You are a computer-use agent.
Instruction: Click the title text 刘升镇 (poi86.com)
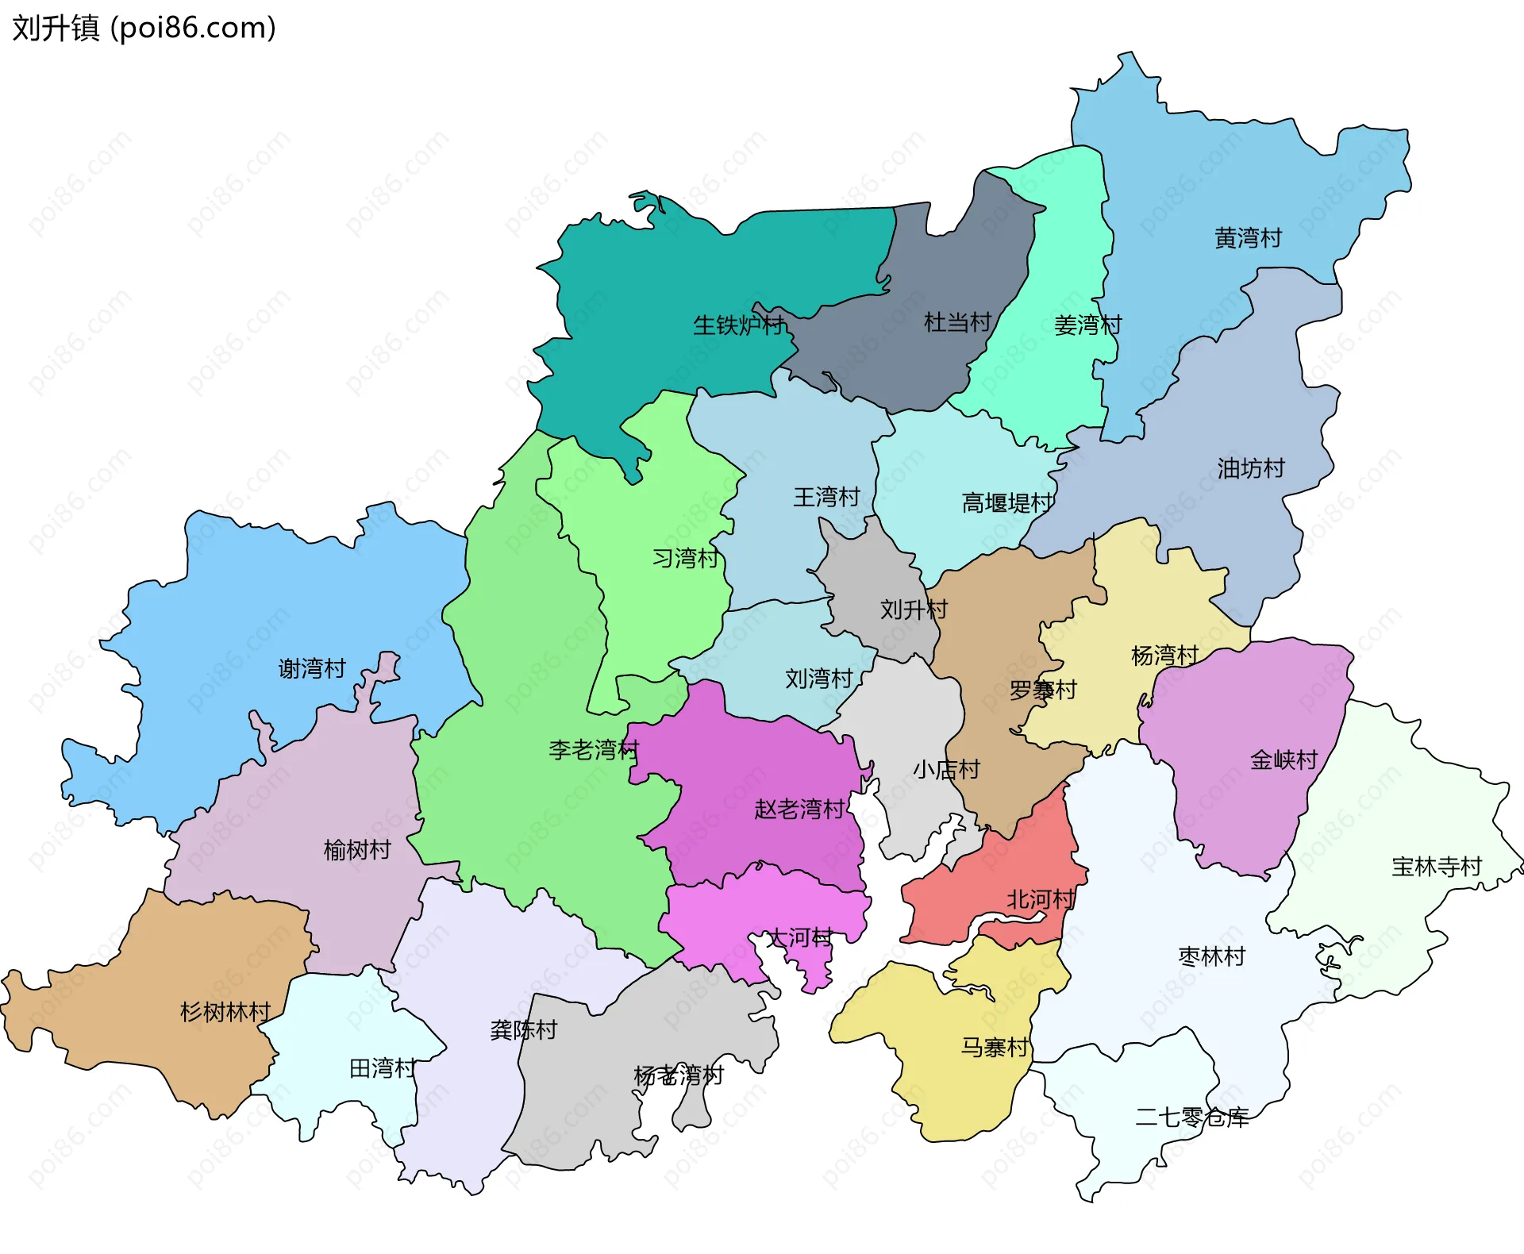(x=144, y=28)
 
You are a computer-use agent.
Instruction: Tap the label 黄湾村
(x=1248, y=237)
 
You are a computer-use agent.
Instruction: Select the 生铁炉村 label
(x=738, y=325)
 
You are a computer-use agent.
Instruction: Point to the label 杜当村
(x=957, y=322)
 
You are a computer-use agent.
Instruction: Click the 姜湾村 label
(x=1087, y=325)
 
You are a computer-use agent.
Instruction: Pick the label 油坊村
(x=1251, y=468)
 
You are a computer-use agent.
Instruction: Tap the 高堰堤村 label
(x=1007, y=502)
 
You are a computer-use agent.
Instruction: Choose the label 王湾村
(x=826, y=497)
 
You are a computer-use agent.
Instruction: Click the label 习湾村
(x=685, y=558)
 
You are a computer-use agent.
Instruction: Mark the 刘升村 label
(x=914, y=610)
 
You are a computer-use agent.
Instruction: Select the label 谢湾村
(x=312, y=668)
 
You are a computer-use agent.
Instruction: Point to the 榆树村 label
(x=357, y=850)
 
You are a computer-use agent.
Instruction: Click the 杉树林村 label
(x=225, y=1012)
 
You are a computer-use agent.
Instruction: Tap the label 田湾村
(x=383, y=1068)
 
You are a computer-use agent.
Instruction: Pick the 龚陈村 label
(x=524, y=1030)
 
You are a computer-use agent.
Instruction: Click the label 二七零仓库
(x=1191, y=1117)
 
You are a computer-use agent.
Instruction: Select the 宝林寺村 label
(x=1437, y=866)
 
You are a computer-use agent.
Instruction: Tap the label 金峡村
(x=1283, y=760)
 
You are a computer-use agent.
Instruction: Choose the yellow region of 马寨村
(x=952, y=1079)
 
